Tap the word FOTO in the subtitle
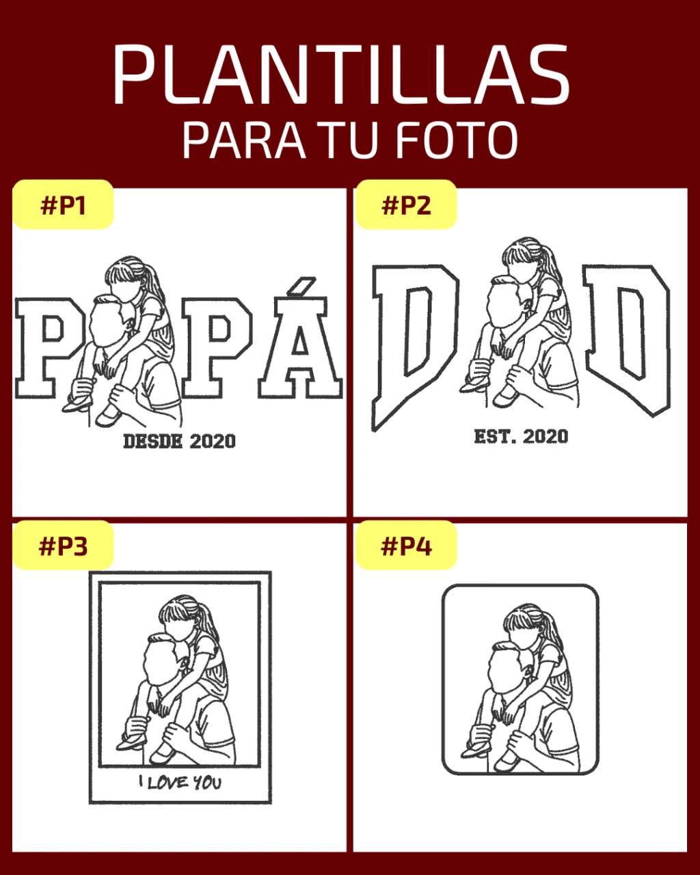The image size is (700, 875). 457,140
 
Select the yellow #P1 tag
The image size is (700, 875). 63,204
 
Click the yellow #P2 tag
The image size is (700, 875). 406,204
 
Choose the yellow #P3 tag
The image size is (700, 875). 63,546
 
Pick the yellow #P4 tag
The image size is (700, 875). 406,546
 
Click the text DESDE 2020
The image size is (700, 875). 179,441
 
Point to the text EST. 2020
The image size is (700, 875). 521,436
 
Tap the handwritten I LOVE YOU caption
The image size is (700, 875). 180,782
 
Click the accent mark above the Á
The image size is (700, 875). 301,286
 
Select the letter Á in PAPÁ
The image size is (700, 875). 300,348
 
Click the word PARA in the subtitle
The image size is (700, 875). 243,140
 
